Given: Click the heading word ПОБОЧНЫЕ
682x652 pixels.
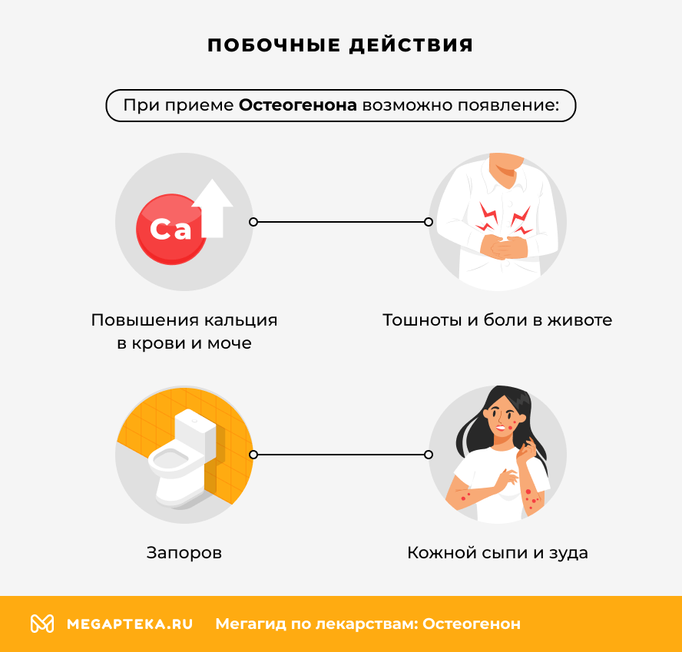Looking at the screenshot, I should pos(273,45).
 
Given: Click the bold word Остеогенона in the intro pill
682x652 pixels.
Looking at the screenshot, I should pos(298,105).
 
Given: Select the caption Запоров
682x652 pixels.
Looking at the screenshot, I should pos(184,552).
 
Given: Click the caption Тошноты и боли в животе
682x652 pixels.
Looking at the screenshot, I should pos(497,319).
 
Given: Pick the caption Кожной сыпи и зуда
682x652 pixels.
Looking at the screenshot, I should pos(497,552).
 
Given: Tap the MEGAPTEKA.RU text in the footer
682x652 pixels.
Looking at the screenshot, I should pos(130,624).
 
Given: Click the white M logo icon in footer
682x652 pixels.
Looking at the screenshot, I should pos(42,624).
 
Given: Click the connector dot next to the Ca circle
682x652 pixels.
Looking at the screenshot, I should pos(253,222).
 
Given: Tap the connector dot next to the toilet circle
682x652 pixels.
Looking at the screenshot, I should pos(253,455).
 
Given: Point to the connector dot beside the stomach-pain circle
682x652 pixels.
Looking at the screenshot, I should pos(429,222).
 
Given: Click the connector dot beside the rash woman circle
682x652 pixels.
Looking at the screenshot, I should pos(429,455).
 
